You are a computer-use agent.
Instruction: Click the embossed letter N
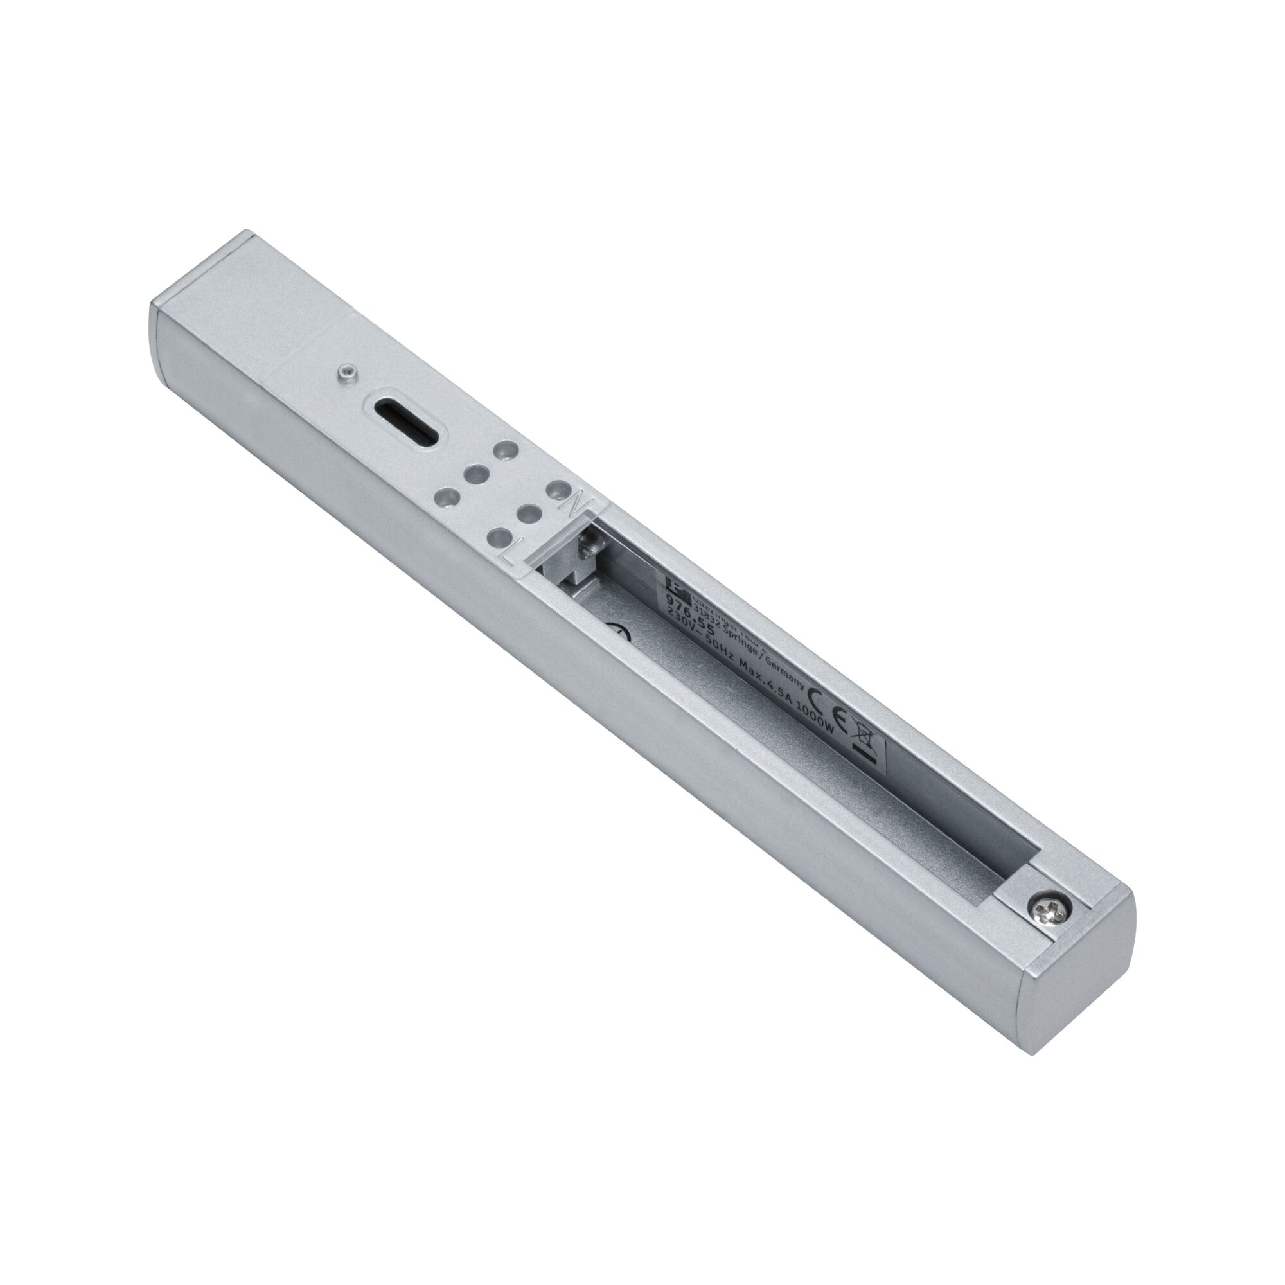[572, 503]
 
